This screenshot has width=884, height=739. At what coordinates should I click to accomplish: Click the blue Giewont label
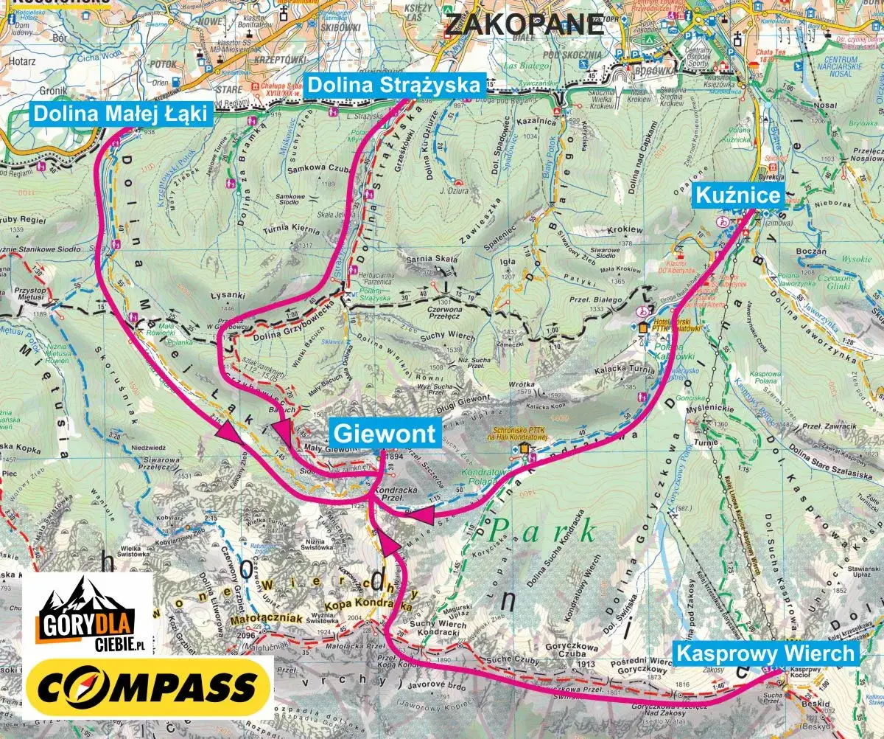[386, 432]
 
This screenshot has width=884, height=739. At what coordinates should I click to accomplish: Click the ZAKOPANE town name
[524, 24]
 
